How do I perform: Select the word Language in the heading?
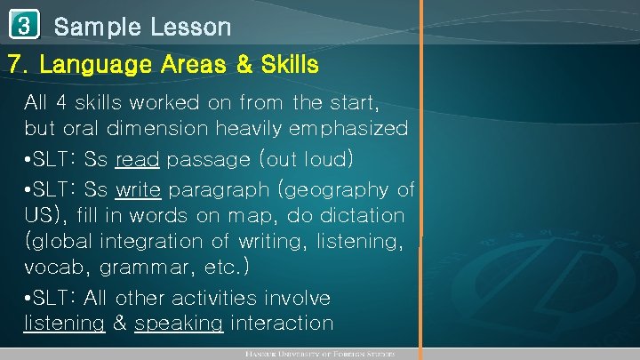pos(90,66)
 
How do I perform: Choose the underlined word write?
pos(138,189)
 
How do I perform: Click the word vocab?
pos(52,266)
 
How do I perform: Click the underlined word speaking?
pos(178,324)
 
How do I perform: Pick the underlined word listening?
pos(64,324)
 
